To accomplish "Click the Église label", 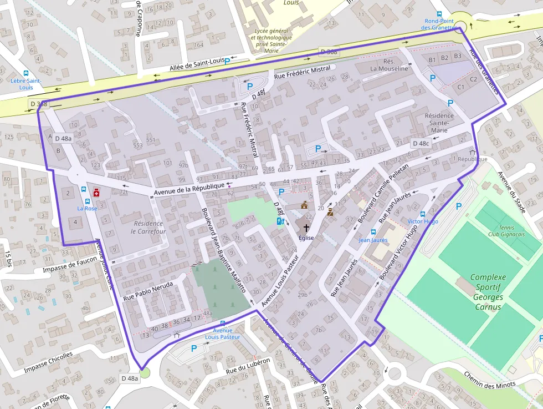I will (306, 238).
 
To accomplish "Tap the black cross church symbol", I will (306, 228).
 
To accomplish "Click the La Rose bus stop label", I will (87, 209).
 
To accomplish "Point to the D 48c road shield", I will (421, 143).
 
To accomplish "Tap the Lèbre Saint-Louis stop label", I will (26, 84).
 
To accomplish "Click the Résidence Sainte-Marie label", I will (439, 123).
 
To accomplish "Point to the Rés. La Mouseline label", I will (389, 65).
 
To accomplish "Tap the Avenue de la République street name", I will (189, 188).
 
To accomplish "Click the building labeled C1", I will (460, 87).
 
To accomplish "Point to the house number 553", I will (137, 145).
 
